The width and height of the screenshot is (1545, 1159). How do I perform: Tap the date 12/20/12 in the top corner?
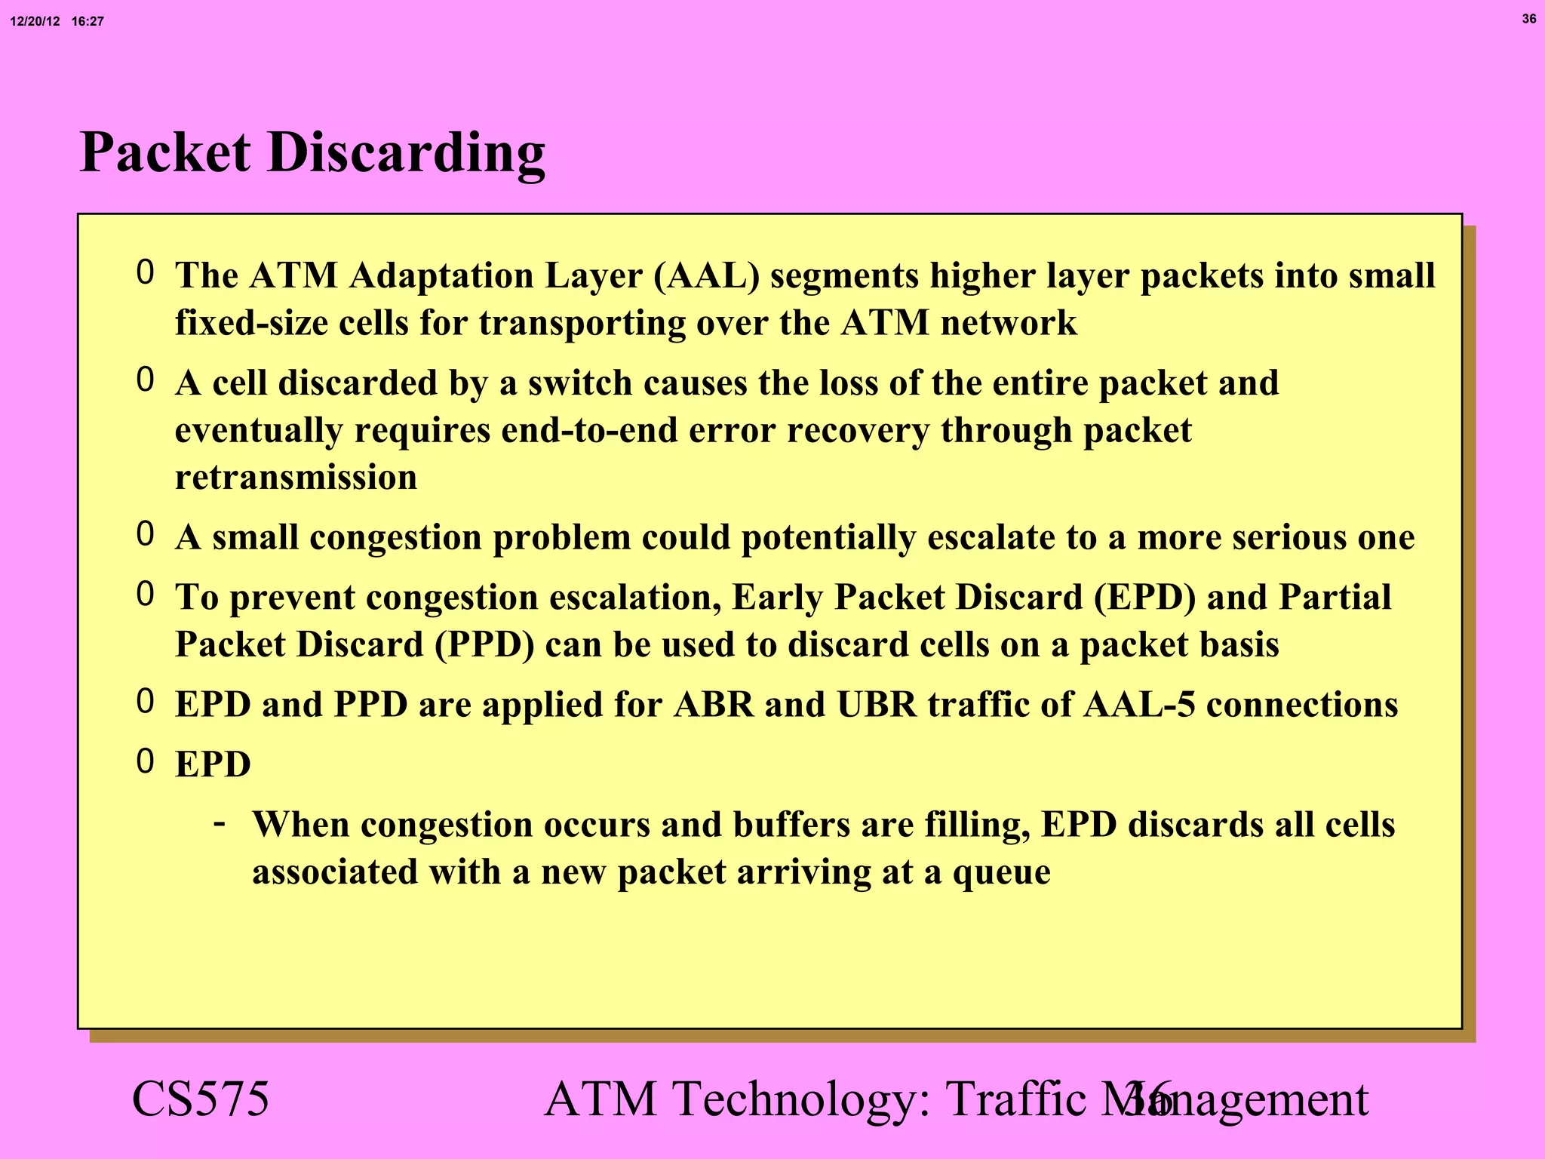(x=35, y=22)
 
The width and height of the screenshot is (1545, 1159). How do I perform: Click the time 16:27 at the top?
(x=88, y=22)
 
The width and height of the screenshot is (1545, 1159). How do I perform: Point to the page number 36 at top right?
(x=1528, y=19)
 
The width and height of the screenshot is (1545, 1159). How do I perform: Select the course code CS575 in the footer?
(x=200, y=1099)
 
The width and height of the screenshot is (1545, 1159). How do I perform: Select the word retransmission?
(x=296, y=478)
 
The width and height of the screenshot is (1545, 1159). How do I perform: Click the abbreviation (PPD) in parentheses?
(x=484, y=645)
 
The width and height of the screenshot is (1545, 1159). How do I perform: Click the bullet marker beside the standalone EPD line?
(x=145, y=762)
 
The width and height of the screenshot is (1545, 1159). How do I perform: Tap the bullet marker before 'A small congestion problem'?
(x=145, y=534)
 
